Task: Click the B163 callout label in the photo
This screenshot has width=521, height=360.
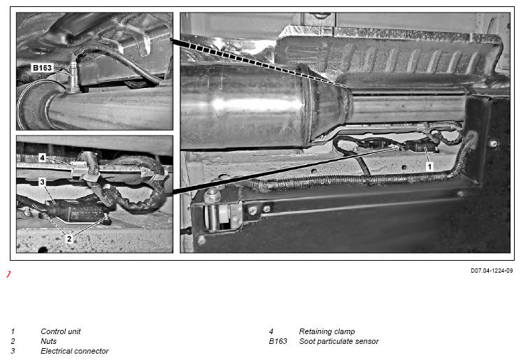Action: pyautogui.click(x=42, y=68)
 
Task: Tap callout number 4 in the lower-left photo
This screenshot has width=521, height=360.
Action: pyautogui.click(x=42, y=158)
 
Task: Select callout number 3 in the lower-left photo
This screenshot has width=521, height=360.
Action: pyautogui.click(x=42, y=182)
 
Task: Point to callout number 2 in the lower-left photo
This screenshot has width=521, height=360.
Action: pyautogui.click(x=69, y=238)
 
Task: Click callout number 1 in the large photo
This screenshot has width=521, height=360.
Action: pyautogui.click(x=429, y=166)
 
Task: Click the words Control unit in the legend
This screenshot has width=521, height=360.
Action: pyautogui.click(x=60, y=331)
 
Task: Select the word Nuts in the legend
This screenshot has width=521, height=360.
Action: pyautogui.click(x=48, y=341)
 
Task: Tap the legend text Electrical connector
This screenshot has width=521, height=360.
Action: pyautogui.click(x=74, y=351)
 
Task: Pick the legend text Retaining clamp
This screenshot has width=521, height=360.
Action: pyautogui.click(x=327, y=331)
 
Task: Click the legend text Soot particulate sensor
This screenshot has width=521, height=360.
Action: pyautogui.click(x=338, y=341)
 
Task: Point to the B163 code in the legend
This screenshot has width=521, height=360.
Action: pyautogui.click(x=278, y=341)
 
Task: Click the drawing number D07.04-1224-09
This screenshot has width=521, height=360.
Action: pyautogui.click(x=492, y=271)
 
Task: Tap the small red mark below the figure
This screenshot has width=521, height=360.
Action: pyautogui.click(x=8, y=274)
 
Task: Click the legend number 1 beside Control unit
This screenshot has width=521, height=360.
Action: pyautogui.click(x=13, y=331)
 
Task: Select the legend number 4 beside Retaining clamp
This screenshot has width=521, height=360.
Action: pyautogui.click(x=271, y=331)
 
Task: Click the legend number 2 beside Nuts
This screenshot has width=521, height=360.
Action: pyautogui.click(x=13, y=341)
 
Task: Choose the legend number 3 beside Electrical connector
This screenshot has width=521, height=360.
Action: pyautogui.click(x=13, y=351)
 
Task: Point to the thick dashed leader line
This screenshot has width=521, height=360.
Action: pyautogui.click(x=259, y=62)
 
